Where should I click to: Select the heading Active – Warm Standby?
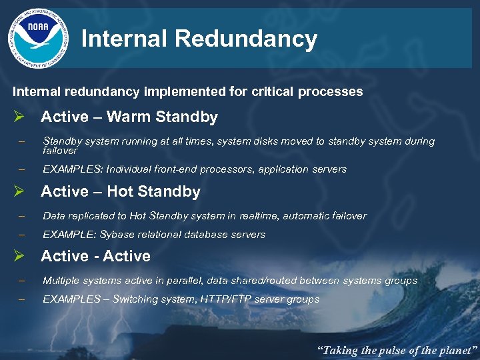(x=129, y=117)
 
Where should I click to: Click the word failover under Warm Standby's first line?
(x=60, y=151)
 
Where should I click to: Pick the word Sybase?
(x=116, y=235)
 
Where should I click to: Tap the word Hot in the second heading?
(x=120, y=192)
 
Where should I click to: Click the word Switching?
(x=137, y=299)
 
